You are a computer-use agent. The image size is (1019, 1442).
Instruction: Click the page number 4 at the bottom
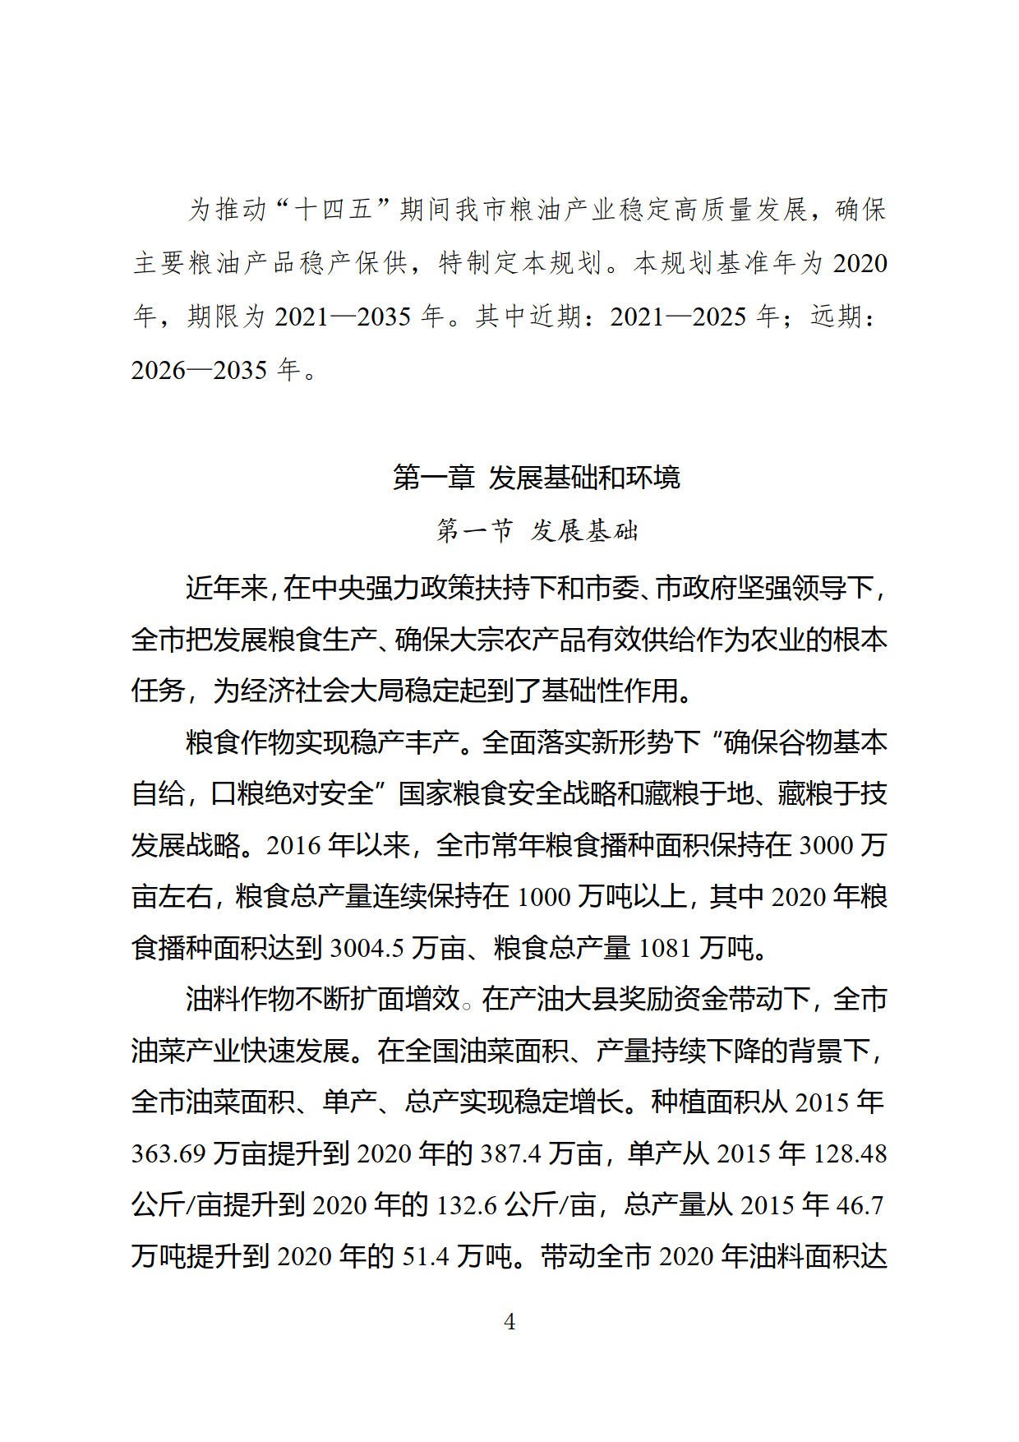pyautogui.click(x=509, y=1322)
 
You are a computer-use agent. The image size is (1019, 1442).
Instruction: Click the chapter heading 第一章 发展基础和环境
pyautogui.click(x=537, y=478)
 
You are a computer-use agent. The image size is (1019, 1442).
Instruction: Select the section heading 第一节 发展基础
pyautogui.click(x=537, y=531)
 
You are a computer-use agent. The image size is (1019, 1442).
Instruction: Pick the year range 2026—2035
pyautogui.click(x=200, y=369)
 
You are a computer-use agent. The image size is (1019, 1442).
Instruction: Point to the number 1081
pyautogui.click(x=665, y=949)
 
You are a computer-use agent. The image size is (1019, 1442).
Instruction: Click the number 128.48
pyautogui.click(x=850, y=1154)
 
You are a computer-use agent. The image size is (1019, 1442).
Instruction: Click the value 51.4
pyautogui.click(x=427, y=1257)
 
